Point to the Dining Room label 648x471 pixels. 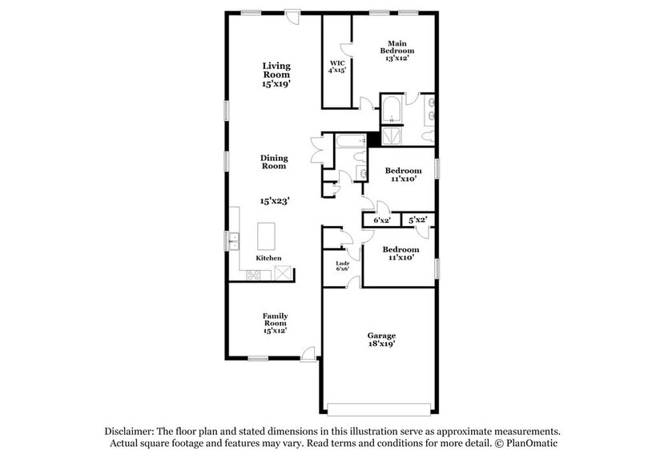click(x=274, y=162)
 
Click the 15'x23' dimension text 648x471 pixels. click(x=274, y=201)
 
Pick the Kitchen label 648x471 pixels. click(x=268, y=259)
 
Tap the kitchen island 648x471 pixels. click(x=267, y=237)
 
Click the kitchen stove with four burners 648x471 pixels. click(x=253, y=275)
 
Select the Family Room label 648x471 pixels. click(x=276, y=322)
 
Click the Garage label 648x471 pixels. click(x=381, y=335)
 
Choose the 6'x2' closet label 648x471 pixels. click(x=382, y=219)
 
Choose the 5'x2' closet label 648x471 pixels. click(x=417, y=219)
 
